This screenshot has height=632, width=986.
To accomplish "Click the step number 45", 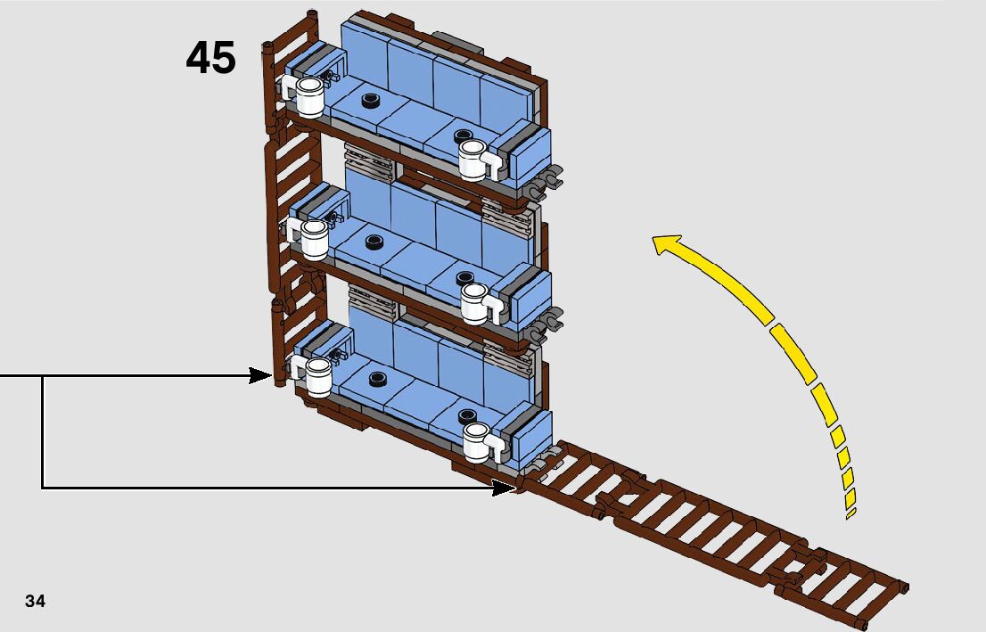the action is (x=211, y=59).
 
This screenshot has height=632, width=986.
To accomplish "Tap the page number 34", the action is (x=36, y=601).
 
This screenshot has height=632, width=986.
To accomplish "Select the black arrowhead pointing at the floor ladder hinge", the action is (x=504, y=488).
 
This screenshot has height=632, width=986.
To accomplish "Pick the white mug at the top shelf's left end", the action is (x=308, y=95).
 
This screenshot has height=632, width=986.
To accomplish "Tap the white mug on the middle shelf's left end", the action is (x=312, y=239).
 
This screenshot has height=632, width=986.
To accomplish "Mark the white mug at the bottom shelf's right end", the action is (x=478, y=441).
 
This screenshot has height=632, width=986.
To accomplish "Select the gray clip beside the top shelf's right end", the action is (x=550, y=178).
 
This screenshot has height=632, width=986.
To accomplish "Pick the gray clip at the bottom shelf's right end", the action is (x=538, y=465).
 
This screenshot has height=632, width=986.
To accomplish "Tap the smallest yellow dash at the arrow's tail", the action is (x=850, y=513).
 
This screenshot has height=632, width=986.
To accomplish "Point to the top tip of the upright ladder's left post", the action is (x=267, y=45).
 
